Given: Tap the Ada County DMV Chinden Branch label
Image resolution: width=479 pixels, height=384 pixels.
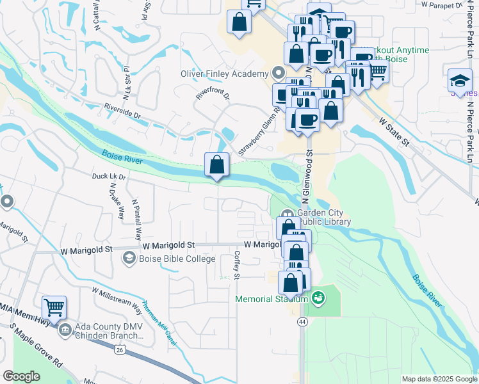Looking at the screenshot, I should tap(107, 330).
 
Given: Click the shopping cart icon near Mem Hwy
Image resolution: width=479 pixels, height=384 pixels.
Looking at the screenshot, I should tap(54, 307).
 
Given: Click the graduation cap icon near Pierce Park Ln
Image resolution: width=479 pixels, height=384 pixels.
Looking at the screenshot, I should tap(459, 80).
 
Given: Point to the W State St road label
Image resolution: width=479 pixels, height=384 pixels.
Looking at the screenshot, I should tap(393, 131).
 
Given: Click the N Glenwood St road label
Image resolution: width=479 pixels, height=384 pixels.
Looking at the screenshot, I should tap(309, 173).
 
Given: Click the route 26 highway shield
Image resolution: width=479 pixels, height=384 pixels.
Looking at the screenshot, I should tap(120, 349).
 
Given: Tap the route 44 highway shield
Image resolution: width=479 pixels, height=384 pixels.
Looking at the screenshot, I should tap(301, 323).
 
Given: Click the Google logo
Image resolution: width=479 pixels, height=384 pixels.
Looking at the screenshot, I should tap(21, 376).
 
